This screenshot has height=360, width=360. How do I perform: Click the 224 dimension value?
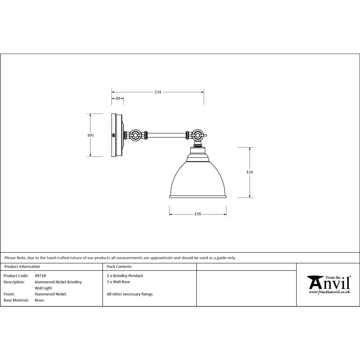coord(158,92)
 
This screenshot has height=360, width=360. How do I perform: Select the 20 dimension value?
coord(117,98)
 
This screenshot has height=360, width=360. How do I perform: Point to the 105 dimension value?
coord(90,135)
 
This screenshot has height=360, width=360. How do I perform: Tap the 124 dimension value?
coord(249,172)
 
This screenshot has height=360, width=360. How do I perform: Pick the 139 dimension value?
coord(198,214)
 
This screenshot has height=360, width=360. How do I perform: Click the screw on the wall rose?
coord(114,135)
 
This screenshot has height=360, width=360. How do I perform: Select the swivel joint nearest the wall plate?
coord(136,136)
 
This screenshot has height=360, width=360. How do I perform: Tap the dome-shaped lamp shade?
coord(198,180)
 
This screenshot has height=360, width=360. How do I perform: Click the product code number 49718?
coord(40,276)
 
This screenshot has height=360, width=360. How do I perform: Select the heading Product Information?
coord(22,267)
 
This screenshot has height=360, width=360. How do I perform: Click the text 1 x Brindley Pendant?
coord(125,276)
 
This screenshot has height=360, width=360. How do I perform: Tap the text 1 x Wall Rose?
coord(118,282)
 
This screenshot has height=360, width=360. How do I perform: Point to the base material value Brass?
coord(39,300)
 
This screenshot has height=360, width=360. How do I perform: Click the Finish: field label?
coord(9,294)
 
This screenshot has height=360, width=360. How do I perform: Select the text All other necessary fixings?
coord(130,294)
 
